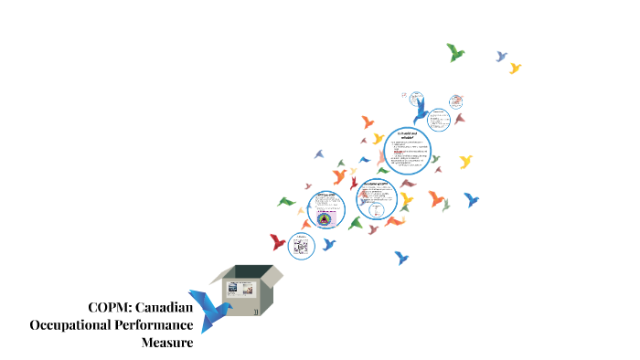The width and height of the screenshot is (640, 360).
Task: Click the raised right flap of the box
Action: [271, 273]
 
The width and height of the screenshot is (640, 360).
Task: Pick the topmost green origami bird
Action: [454, 52]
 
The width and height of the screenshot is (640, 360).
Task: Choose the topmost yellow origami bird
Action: [515, 68]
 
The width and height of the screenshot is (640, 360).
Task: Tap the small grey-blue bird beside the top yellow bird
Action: [500, 56]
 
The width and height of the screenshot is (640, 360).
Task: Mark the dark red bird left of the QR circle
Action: [278, 242]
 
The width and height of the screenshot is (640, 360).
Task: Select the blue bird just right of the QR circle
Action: [329, 244]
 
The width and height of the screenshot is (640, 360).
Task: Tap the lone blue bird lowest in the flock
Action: [400, 258]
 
